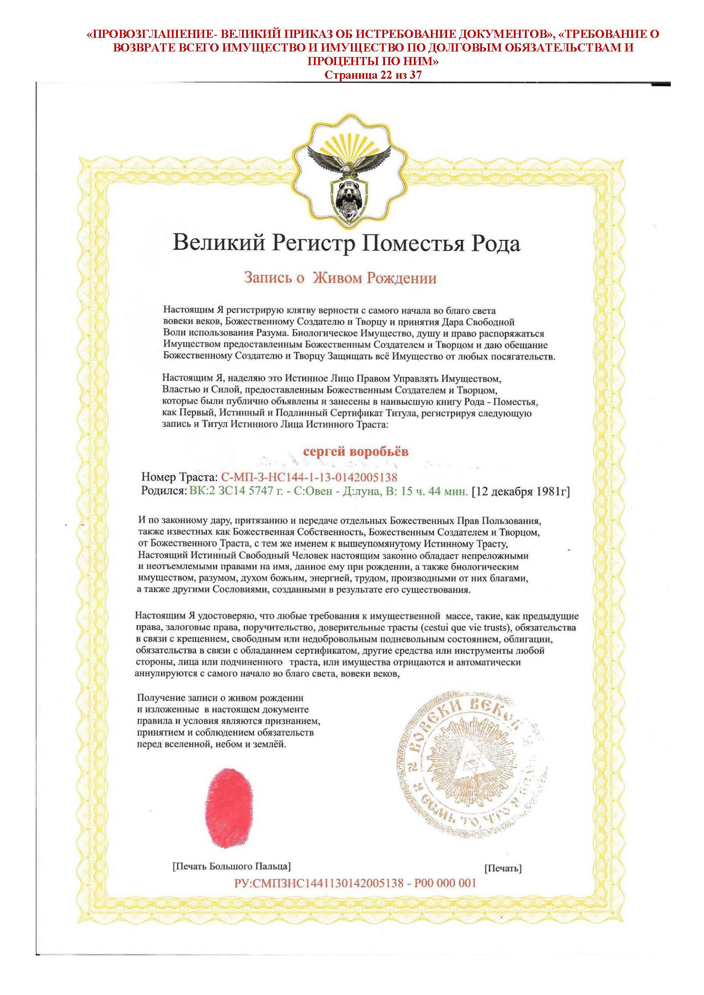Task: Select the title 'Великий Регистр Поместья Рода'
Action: point(346,244)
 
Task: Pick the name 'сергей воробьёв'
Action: point(355,452)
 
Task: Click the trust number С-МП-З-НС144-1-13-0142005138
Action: point(309,477)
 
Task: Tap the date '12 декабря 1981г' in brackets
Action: point(520,492)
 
